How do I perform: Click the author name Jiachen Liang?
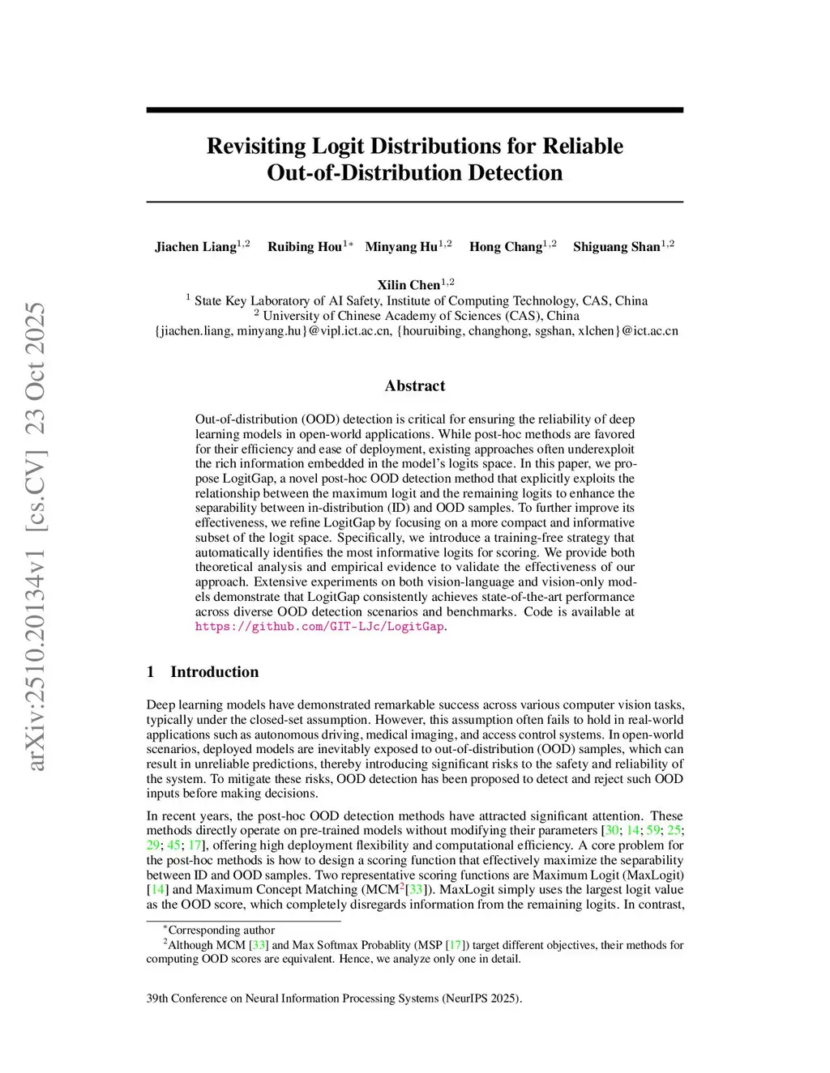195,247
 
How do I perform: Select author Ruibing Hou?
305,247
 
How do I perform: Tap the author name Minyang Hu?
401,247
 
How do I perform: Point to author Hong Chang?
506,247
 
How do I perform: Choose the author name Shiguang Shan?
617,247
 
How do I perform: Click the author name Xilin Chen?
409,285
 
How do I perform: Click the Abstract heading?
415,386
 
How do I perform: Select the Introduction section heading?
214,672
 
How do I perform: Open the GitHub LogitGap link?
319,627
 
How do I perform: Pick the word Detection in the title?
509,173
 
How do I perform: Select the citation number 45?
173,845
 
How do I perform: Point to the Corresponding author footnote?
220,930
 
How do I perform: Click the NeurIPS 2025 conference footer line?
334,998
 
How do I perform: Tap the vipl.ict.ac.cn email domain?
350,331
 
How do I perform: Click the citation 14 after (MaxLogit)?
157,889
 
